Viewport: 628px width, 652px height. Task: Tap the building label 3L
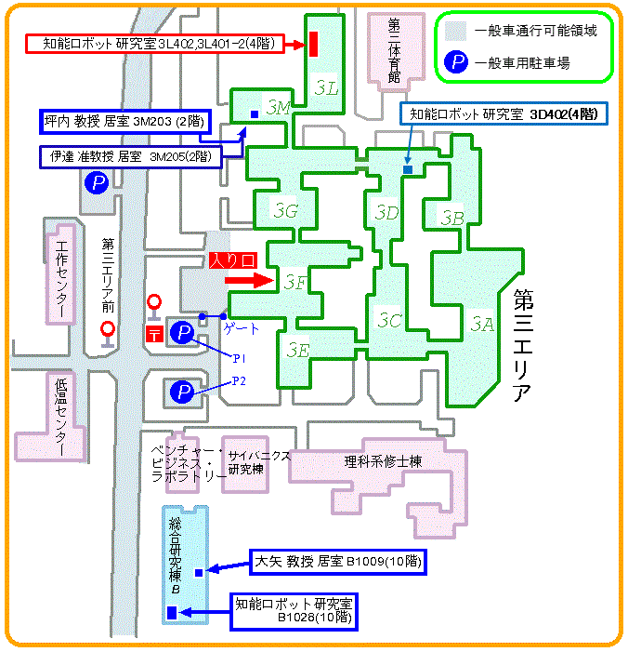[x=326, y=86]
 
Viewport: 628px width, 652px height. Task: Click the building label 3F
[x=295, y=282]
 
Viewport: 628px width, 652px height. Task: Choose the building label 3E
[x=297, y=350]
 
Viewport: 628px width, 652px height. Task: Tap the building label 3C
[x=390, y=321]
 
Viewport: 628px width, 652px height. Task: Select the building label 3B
[x=451, y=219]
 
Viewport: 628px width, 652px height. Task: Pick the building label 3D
[x=386, y=213]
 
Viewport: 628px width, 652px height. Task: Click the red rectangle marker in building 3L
[x=314, y=43]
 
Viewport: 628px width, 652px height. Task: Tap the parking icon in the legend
[x=457, y=63]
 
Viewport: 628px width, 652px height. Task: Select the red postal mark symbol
[x=153, y=334]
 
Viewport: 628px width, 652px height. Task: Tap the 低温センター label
[x=62, y=415]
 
